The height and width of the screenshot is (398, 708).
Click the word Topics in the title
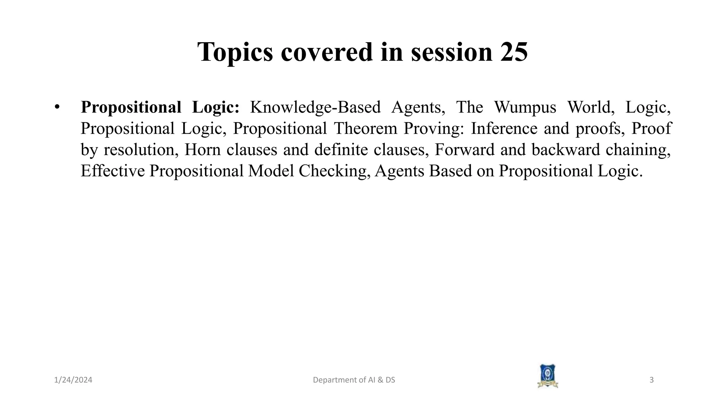pyautogui.click(x=235, y=53)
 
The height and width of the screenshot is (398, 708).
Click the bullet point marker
pyautogui.click(x=57, y=107)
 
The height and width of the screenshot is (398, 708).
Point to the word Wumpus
pyautogui.click(x=525, y=107)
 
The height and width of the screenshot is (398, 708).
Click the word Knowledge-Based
pyautogui.click(x=315, y=107)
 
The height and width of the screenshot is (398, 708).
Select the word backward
pyautogui.click(x=566, y=150)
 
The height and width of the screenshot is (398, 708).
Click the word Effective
pyautogui.click(x=112, y=171)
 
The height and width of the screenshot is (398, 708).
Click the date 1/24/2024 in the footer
pyautogui.click(x=73, y=380)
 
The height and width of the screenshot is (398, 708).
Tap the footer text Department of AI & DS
pyautogui.click(x=354, y=380)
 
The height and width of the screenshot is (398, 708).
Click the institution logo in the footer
pyautogui.click(x=547, y=376)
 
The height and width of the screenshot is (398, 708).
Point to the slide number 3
pyautogui.click(x=651, y=380)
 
